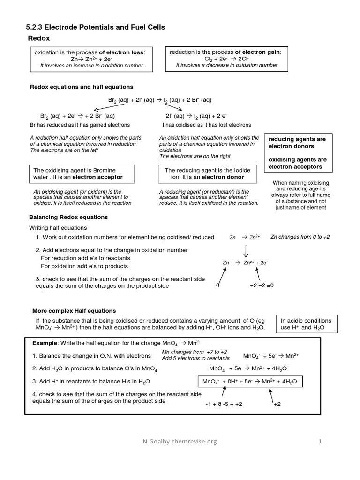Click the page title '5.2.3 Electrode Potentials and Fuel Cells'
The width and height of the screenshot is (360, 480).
95,28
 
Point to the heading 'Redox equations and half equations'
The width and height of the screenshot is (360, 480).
82,87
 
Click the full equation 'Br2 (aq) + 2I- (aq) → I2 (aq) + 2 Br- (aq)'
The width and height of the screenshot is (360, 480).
159,100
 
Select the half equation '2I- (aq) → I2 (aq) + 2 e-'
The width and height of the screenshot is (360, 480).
196,116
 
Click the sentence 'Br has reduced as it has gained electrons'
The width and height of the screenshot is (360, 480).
80,125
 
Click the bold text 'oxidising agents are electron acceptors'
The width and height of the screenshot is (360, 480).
298,163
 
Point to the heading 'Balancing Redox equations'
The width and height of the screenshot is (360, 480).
68,217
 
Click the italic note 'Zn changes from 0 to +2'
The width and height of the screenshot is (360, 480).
300,237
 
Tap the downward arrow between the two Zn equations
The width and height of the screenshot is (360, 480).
246,251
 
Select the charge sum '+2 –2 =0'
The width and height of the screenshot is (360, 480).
261,285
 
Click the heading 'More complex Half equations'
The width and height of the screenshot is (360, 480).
74,311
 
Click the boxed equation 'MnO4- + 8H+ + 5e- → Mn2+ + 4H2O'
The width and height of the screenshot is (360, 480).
249,382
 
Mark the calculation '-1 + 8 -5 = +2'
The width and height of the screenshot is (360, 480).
224,404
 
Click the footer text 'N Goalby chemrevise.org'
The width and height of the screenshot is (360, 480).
180,441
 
